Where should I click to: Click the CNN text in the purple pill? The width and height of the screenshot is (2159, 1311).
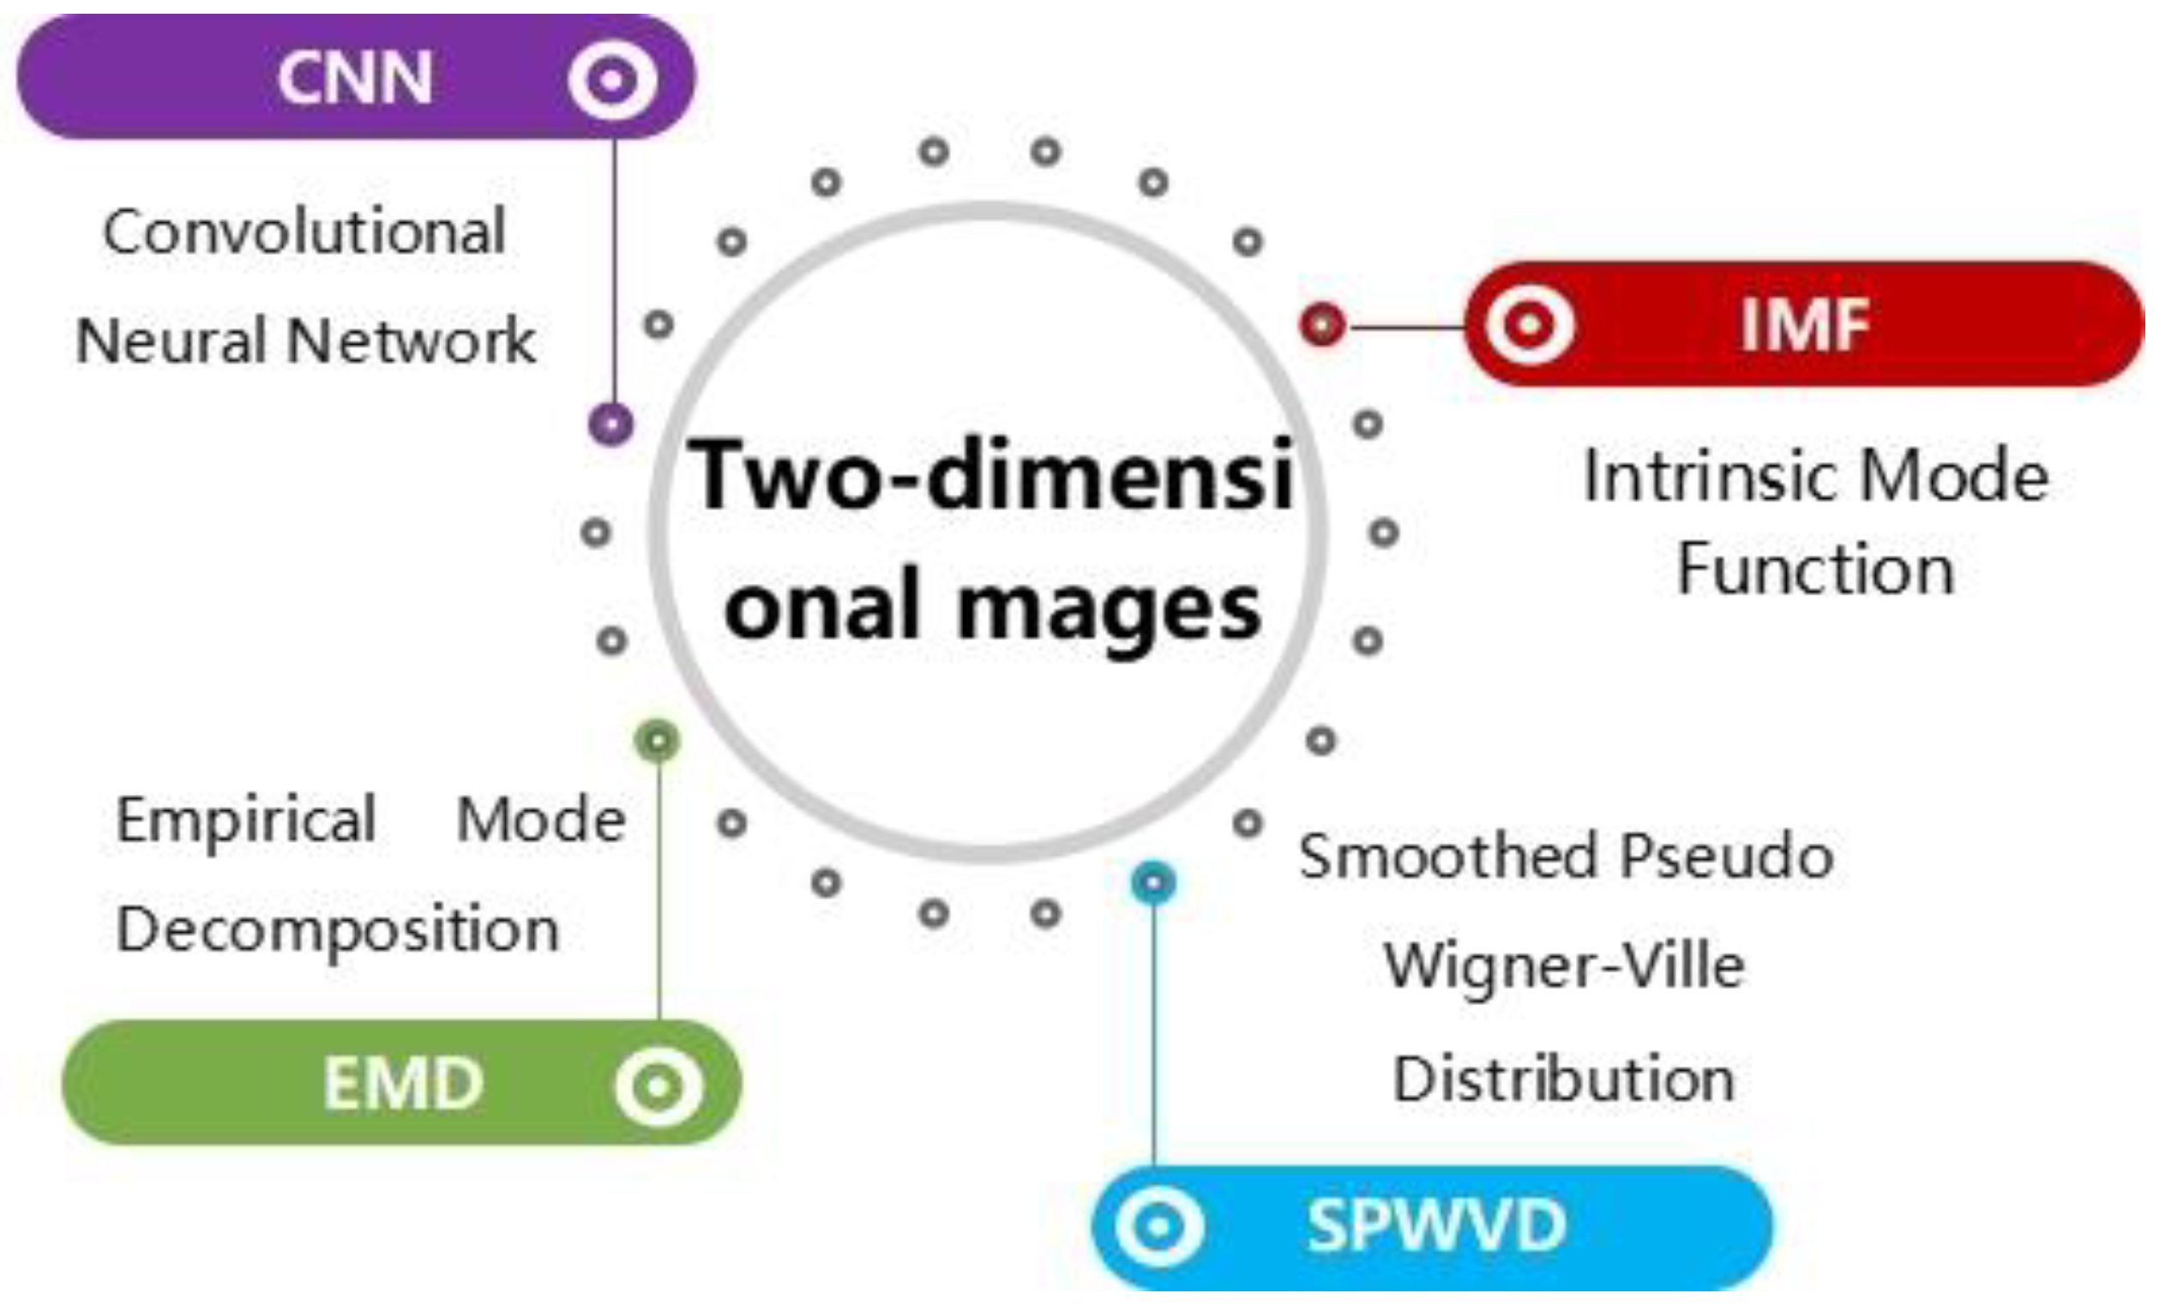[x=355, y=79]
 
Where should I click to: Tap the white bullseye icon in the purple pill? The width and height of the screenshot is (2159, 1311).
[x=611, y=80]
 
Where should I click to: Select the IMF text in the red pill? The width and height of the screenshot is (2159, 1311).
[x=1805, y=325]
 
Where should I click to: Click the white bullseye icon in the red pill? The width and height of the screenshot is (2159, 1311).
[x=1530, y=325]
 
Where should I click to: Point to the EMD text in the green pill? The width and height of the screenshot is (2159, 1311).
[x=403, y=1084]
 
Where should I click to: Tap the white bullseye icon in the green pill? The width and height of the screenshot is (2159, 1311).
[x=659, y=1085]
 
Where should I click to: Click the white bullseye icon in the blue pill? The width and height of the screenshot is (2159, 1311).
[x=1158, y=1226]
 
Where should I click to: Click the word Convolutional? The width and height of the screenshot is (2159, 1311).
[x=304, y=232]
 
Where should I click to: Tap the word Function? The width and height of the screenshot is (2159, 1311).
[x=1815, y=569]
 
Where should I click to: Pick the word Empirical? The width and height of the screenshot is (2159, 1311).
[x=246, y=821]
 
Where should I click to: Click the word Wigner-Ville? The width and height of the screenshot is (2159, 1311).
[x=1564, y=965]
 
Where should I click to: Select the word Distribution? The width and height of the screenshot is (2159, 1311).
[x=1564, y=1078]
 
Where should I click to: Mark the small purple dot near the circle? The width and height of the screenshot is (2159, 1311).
[x=610, y=424]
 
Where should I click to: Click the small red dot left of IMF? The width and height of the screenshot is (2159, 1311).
[x=1322, y=324]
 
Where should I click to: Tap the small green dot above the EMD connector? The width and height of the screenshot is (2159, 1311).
[x=658, y=741]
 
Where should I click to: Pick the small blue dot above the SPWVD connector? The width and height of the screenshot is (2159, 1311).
[x=1153, y=881]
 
